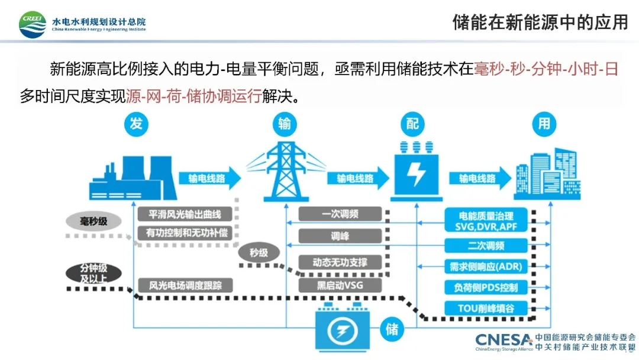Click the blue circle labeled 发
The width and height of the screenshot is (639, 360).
coord(136,123)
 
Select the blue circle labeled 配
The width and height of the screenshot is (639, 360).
coord(412,123)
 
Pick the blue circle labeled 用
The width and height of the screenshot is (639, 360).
coord(544,123)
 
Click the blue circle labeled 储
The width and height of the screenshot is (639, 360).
coord(392,328)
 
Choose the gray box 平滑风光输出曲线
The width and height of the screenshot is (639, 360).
coord(184,214)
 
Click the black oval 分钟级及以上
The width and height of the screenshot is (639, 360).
coord(93,273)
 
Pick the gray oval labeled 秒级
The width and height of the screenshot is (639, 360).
coord(258,253)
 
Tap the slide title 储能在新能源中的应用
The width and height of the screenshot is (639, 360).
coord(540,22)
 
